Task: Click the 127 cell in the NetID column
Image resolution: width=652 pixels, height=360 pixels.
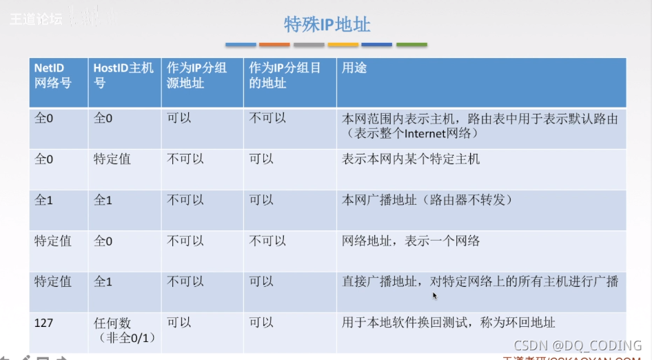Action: (45, 322)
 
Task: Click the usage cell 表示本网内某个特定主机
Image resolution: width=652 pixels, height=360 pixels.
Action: (411, 159)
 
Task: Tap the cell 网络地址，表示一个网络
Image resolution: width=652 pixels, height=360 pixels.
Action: (411, 241)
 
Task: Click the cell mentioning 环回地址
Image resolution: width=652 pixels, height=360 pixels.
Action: (448, 322)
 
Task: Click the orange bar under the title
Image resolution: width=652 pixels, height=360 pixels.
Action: (274, 45)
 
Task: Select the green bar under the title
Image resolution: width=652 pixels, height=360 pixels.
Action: (411, 45)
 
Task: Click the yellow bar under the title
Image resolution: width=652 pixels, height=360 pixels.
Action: (343, 45)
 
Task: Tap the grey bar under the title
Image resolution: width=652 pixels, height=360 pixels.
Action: (308, 45)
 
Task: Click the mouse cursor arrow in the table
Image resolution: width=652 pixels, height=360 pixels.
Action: (435, 296)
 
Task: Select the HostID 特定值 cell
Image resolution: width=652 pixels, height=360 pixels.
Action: (112, 159)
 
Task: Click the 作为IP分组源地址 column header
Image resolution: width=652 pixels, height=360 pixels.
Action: (196, 77)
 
